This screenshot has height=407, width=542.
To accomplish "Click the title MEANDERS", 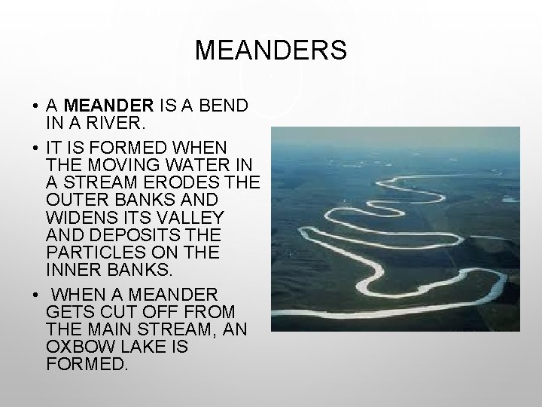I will tap(271, 50).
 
